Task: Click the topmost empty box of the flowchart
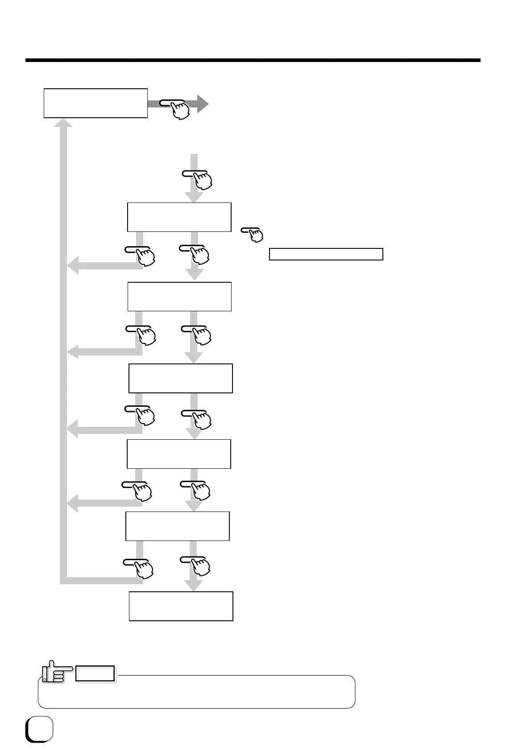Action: coord(95,103)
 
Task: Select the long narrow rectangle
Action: coord(326,254)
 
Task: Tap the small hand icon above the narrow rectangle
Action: coord(253,234)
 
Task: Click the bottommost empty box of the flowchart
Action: coord(181,606)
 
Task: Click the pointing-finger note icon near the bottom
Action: coord(53,673)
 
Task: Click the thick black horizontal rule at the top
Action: coord(253,60)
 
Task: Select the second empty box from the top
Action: coord(179,217)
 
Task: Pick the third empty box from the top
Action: coord(179,297)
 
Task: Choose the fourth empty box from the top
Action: coord(180,378)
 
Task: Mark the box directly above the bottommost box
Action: coord(178,526)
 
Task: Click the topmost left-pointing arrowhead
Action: coord(73,266)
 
